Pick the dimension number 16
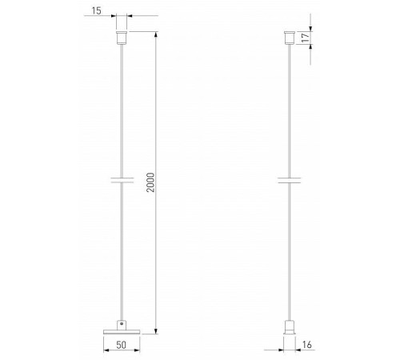click(308, 346)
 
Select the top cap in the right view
click(287, 38)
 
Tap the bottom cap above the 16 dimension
click(287, 327)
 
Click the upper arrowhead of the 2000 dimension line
click(155, 34)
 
